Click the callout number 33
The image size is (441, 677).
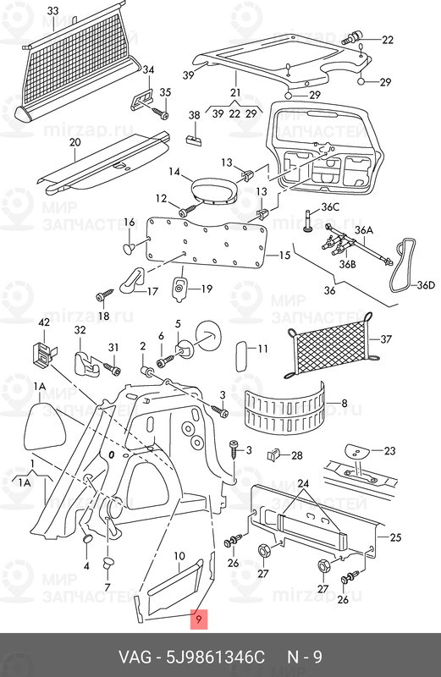(53, 11)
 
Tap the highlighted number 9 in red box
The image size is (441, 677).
(198, 619)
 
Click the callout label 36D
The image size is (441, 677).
(426, 286)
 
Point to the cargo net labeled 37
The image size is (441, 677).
(329, 347)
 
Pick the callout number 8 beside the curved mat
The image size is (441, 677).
(344, 405)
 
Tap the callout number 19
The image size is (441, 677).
(206, 289)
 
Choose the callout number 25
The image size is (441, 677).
(394, 537)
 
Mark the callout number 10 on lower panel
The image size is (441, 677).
(179, 556)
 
